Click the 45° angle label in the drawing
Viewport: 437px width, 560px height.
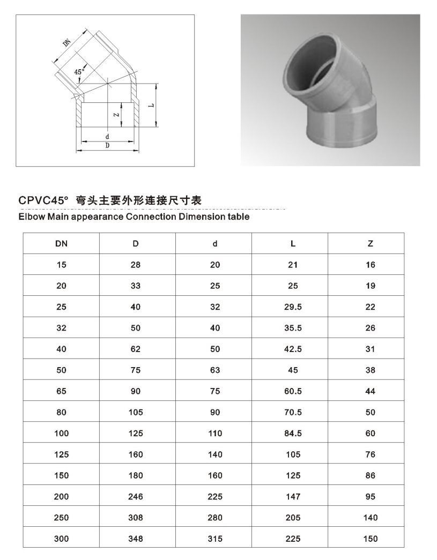79,71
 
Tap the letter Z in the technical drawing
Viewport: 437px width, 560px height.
116,114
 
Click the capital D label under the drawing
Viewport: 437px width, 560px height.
107,146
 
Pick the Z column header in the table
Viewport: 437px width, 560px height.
371,243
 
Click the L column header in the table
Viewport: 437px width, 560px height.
293,243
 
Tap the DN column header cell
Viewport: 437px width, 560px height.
61,243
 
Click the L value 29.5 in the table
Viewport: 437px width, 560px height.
293,307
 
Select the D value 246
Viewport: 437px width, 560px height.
136,497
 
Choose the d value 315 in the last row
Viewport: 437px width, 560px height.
215,539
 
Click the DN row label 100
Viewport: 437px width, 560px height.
61,434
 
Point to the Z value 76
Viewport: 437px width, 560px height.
371,454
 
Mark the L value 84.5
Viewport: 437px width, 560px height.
293,434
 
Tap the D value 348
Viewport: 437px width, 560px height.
136,539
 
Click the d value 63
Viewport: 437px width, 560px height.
215,370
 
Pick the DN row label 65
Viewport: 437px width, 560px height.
61,391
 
